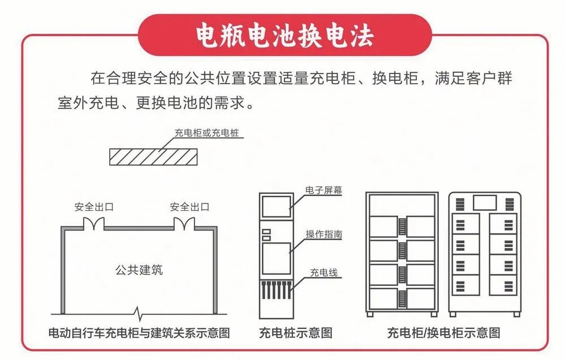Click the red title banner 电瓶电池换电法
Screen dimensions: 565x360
coord(284,35)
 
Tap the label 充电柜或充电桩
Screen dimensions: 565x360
coord(207,133)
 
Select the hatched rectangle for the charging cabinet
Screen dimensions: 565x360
coord(153,157)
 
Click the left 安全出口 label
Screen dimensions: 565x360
coord(94,207)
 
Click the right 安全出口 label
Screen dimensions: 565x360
coord(189,207)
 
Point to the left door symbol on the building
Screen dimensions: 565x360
coord(94,223)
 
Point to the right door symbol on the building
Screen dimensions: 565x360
coord(184,223)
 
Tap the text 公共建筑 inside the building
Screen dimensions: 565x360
coord(139,270)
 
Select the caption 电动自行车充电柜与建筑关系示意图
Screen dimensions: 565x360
coord(139,333)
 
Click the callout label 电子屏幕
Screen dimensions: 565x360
coord(324,190)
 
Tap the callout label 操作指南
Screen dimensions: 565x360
coord(324,235)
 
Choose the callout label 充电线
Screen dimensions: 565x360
coord(324,272)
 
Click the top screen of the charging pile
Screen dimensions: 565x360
coord(277,206)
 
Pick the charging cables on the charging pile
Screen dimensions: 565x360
coord(277,290)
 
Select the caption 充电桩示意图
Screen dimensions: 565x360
coord(295,333)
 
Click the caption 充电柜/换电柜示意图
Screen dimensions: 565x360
coord(443,333)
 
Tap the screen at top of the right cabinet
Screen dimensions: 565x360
coord(485,203)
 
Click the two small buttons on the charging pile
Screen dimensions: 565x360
coord(266,235)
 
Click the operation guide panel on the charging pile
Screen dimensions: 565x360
coord(277,258)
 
